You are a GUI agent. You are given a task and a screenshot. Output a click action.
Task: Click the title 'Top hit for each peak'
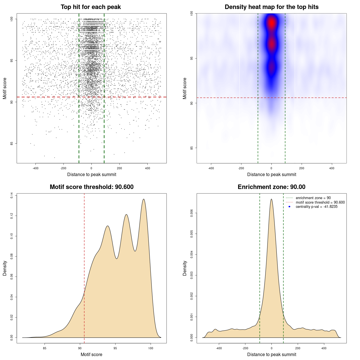tap(91, 7)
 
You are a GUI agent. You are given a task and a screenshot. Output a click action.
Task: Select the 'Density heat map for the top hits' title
tap(271, 7)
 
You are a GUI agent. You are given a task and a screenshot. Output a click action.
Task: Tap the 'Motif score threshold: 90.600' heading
tap(91, 187)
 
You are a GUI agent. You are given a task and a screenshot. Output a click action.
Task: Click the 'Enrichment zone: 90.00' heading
tap(271, 187)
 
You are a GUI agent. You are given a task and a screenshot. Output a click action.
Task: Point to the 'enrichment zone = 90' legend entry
tap(313, 198)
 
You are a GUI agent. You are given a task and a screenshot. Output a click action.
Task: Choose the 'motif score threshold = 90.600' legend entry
tap(320, 202)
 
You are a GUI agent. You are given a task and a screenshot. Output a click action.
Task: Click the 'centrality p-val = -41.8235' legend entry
tap(316, 207)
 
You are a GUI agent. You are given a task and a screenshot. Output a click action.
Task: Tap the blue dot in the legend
tap(289, 207)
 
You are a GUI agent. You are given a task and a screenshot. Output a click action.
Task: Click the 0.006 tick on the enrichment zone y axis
tap(192, 213)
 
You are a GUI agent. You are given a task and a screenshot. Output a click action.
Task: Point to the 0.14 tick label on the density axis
tap(12, 195)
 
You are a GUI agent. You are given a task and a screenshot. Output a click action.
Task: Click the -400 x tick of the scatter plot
tap(35, 168)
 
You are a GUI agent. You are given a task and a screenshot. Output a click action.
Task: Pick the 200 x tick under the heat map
tap(301, 168)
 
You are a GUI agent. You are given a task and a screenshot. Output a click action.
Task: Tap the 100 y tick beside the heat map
tap(192, 13)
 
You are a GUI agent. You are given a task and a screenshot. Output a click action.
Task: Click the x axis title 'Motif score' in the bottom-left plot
tap(91, 354)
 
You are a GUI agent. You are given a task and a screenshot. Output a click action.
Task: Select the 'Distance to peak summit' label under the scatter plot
tap(91, 174)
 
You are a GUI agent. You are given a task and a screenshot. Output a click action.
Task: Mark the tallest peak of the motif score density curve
tap(144, 199)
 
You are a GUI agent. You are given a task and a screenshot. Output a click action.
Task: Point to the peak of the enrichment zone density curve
tap(271, 199)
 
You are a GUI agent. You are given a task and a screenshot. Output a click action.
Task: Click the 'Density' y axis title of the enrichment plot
tap(185, 268)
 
